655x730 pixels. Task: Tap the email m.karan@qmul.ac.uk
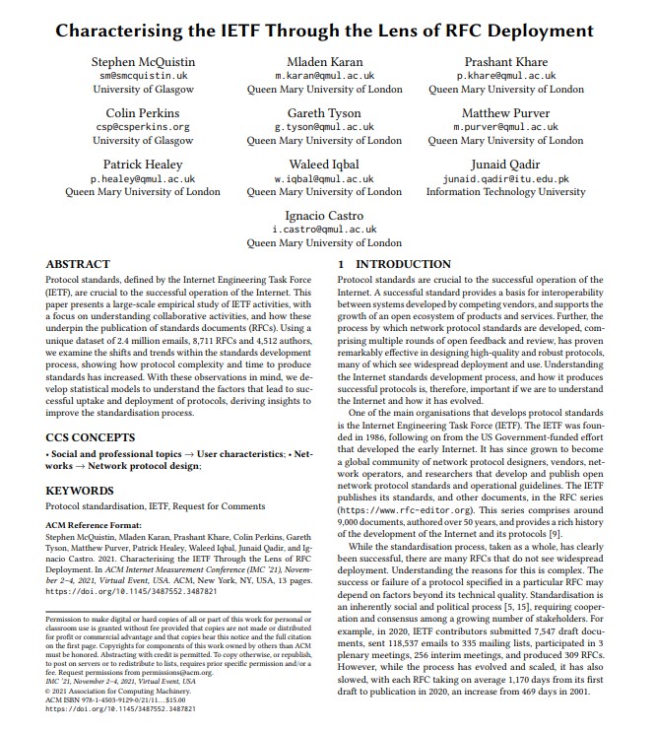coord(324,75)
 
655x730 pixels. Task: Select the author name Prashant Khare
coord(505,62)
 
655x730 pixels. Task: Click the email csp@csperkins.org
coord(143,127)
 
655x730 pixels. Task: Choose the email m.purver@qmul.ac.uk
coord(505,127)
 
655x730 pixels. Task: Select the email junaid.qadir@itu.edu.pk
coord(505,179)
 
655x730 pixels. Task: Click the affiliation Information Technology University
coord(505,192)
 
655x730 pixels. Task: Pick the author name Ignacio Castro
coord(324,216)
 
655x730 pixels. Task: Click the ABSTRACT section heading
coord(80,265)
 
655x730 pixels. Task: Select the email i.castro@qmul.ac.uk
coord(324,229)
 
